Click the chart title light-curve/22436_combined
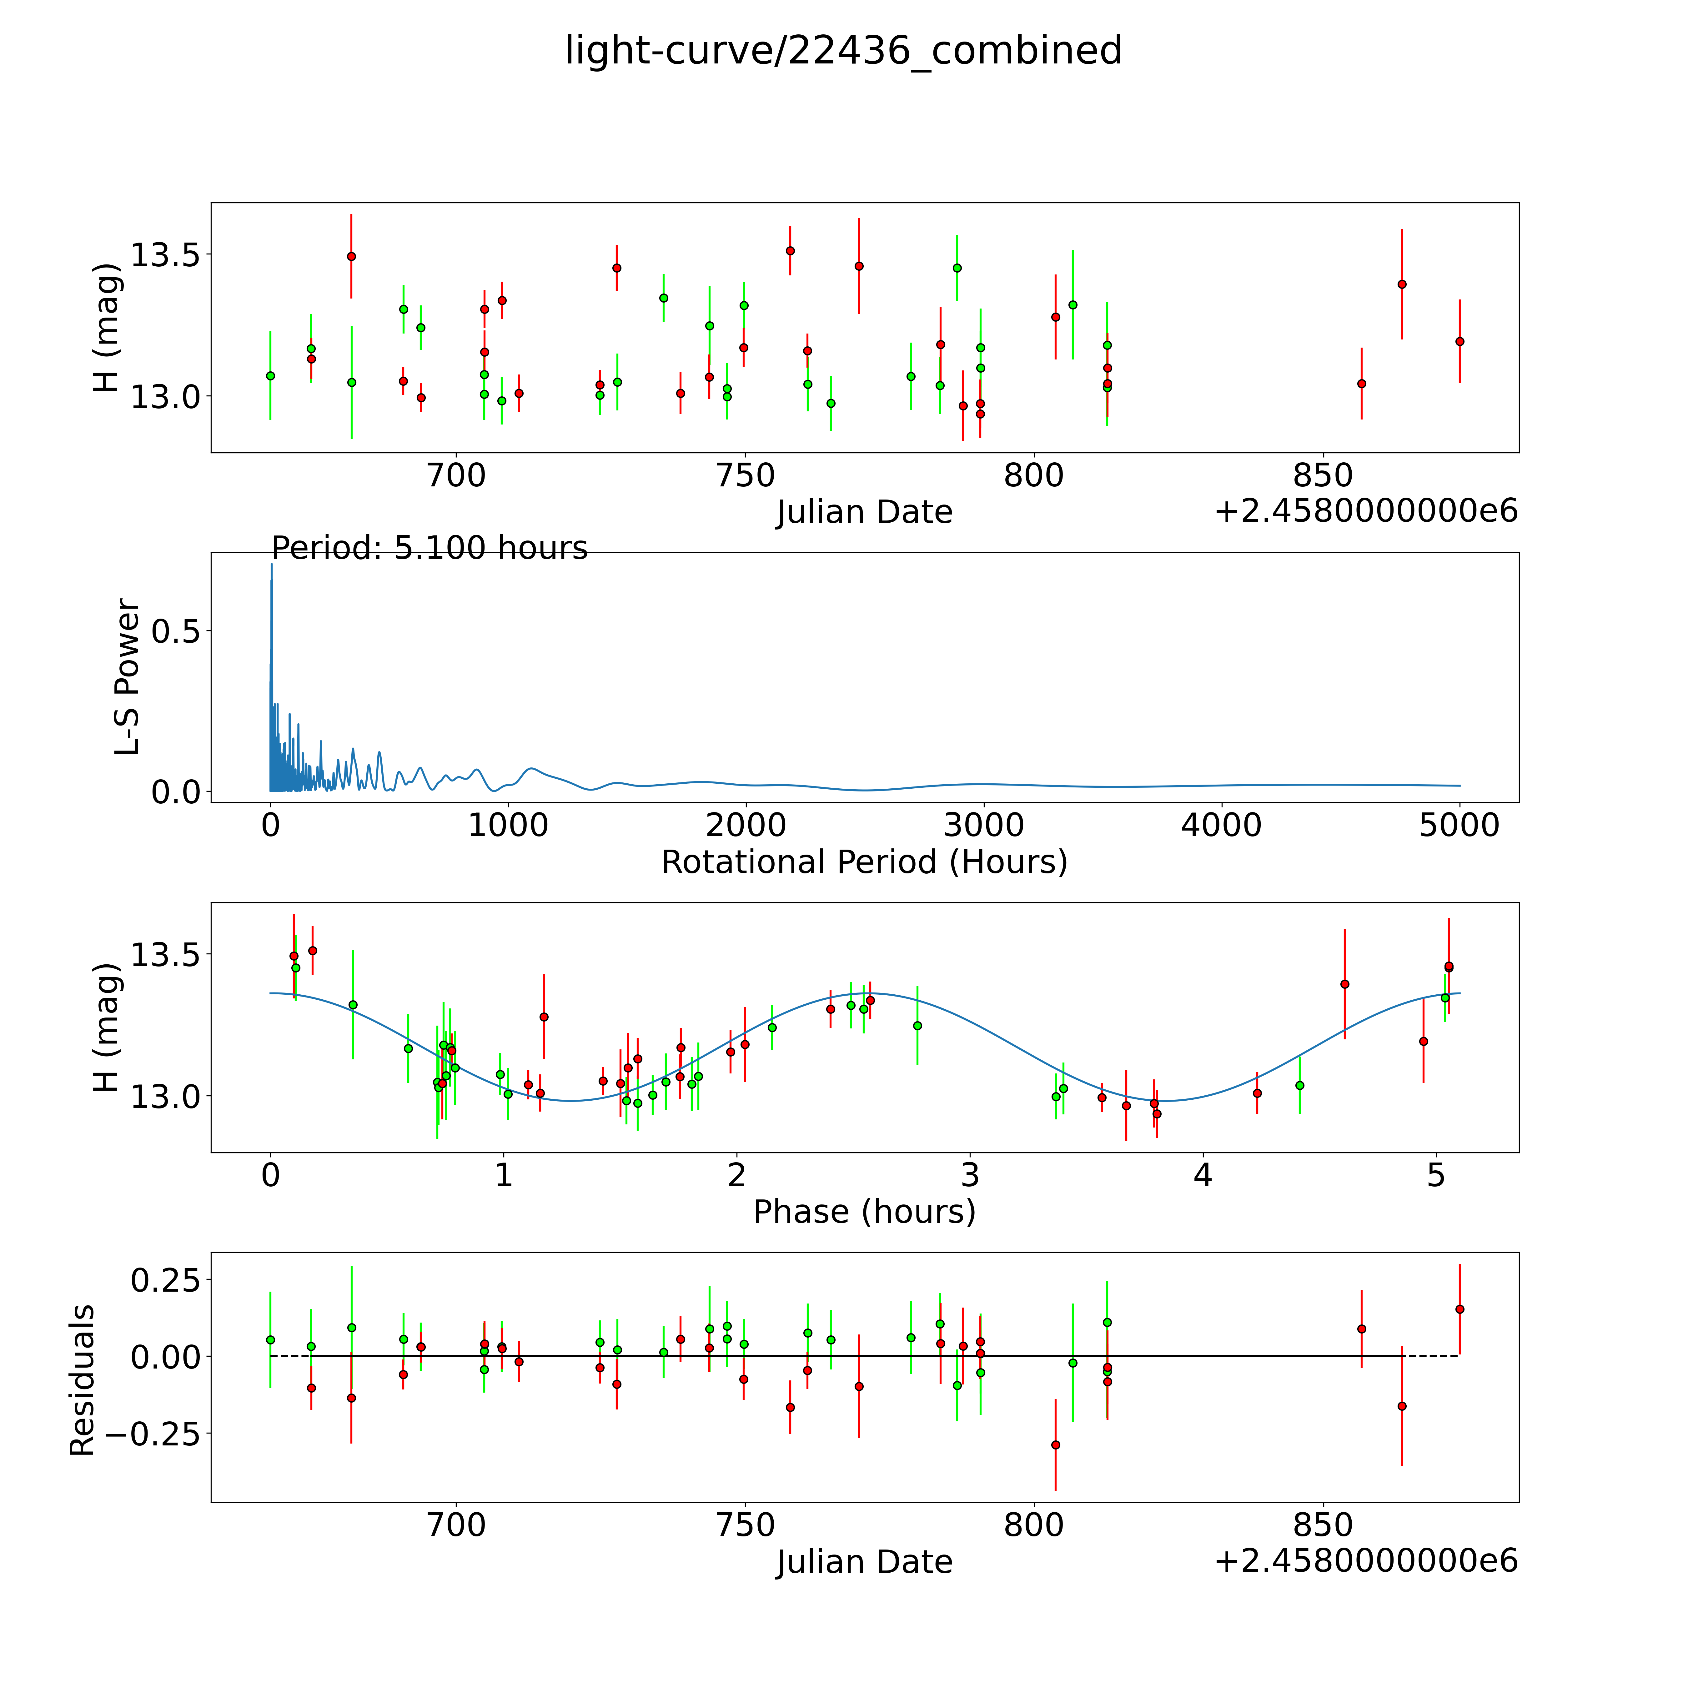[843, 51]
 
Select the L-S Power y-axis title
[128, 677]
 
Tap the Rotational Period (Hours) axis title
[864, 862]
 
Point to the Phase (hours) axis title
[864, 1212]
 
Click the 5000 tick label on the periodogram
[1459, 825]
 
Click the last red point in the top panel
[1459, 342]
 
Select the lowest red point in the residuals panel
[1055, 1445]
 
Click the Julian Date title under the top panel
[864, 512]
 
